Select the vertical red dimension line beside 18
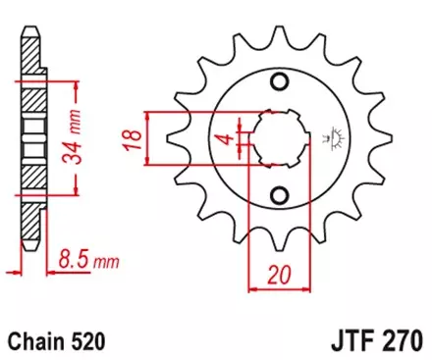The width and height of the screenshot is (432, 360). point(147,137)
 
